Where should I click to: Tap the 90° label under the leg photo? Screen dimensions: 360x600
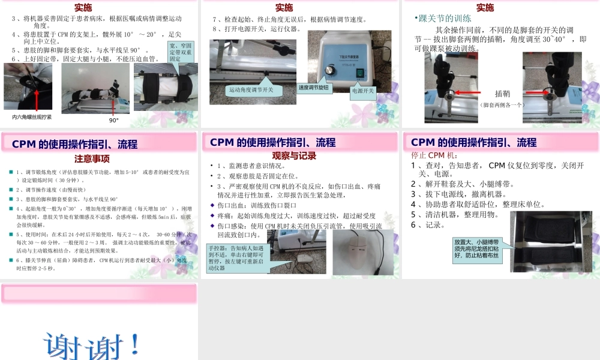coord(114,120)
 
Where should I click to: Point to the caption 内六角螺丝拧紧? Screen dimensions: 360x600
coord(32,116)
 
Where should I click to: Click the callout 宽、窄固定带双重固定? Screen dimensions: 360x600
coord(181,52)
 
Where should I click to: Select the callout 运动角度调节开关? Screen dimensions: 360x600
coord(251,90)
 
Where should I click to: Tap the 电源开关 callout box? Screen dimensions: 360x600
coord(363,91)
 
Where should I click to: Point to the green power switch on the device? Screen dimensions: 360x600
coord(359,73)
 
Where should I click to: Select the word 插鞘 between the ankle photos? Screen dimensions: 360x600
coord(502,94)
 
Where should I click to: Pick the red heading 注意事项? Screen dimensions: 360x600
coord(91,159)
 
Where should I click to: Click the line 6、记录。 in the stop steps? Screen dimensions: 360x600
coord(428,225)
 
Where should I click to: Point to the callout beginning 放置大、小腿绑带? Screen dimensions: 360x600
coord(478,248)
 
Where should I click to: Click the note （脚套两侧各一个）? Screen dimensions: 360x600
coord(502,104)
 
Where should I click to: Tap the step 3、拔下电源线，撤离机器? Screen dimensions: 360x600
coord(459,194)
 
